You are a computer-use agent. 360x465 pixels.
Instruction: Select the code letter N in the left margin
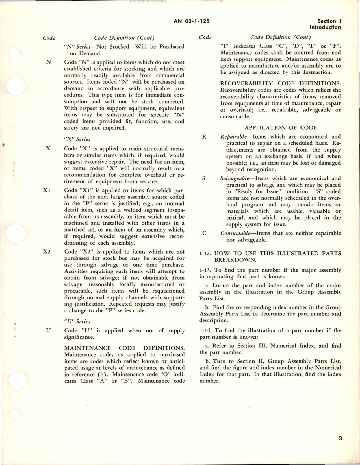[48, 62]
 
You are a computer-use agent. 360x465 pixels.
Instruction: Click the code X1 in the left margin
[47, 190]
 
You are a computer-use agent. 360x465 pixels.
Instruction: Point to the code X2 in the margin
[47, 252]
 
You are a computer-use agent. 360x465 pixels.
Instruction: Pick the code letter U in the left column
[48, 330]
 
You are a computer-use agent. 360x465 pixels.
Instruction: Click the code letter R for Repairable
[204, 137]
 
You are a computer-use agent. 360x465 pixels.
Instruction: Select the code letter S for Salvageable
[204, 178]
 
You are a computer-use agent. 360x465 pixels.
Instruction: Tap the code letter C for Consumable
[204, 233]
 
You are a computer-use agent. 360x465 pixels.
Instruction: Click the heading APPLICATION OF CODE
[281, 127]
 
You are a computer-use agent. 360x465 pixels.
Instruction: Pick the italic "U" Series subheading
[77, 321]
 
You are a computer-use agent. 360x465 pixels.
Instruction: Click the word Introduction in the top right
[325, 27]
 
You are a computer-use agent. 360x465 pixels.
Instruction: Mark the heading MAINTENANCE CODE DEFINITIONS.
[124, 348]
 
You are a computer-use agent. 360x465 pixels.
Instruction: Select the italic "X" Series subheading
[77, 139]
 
